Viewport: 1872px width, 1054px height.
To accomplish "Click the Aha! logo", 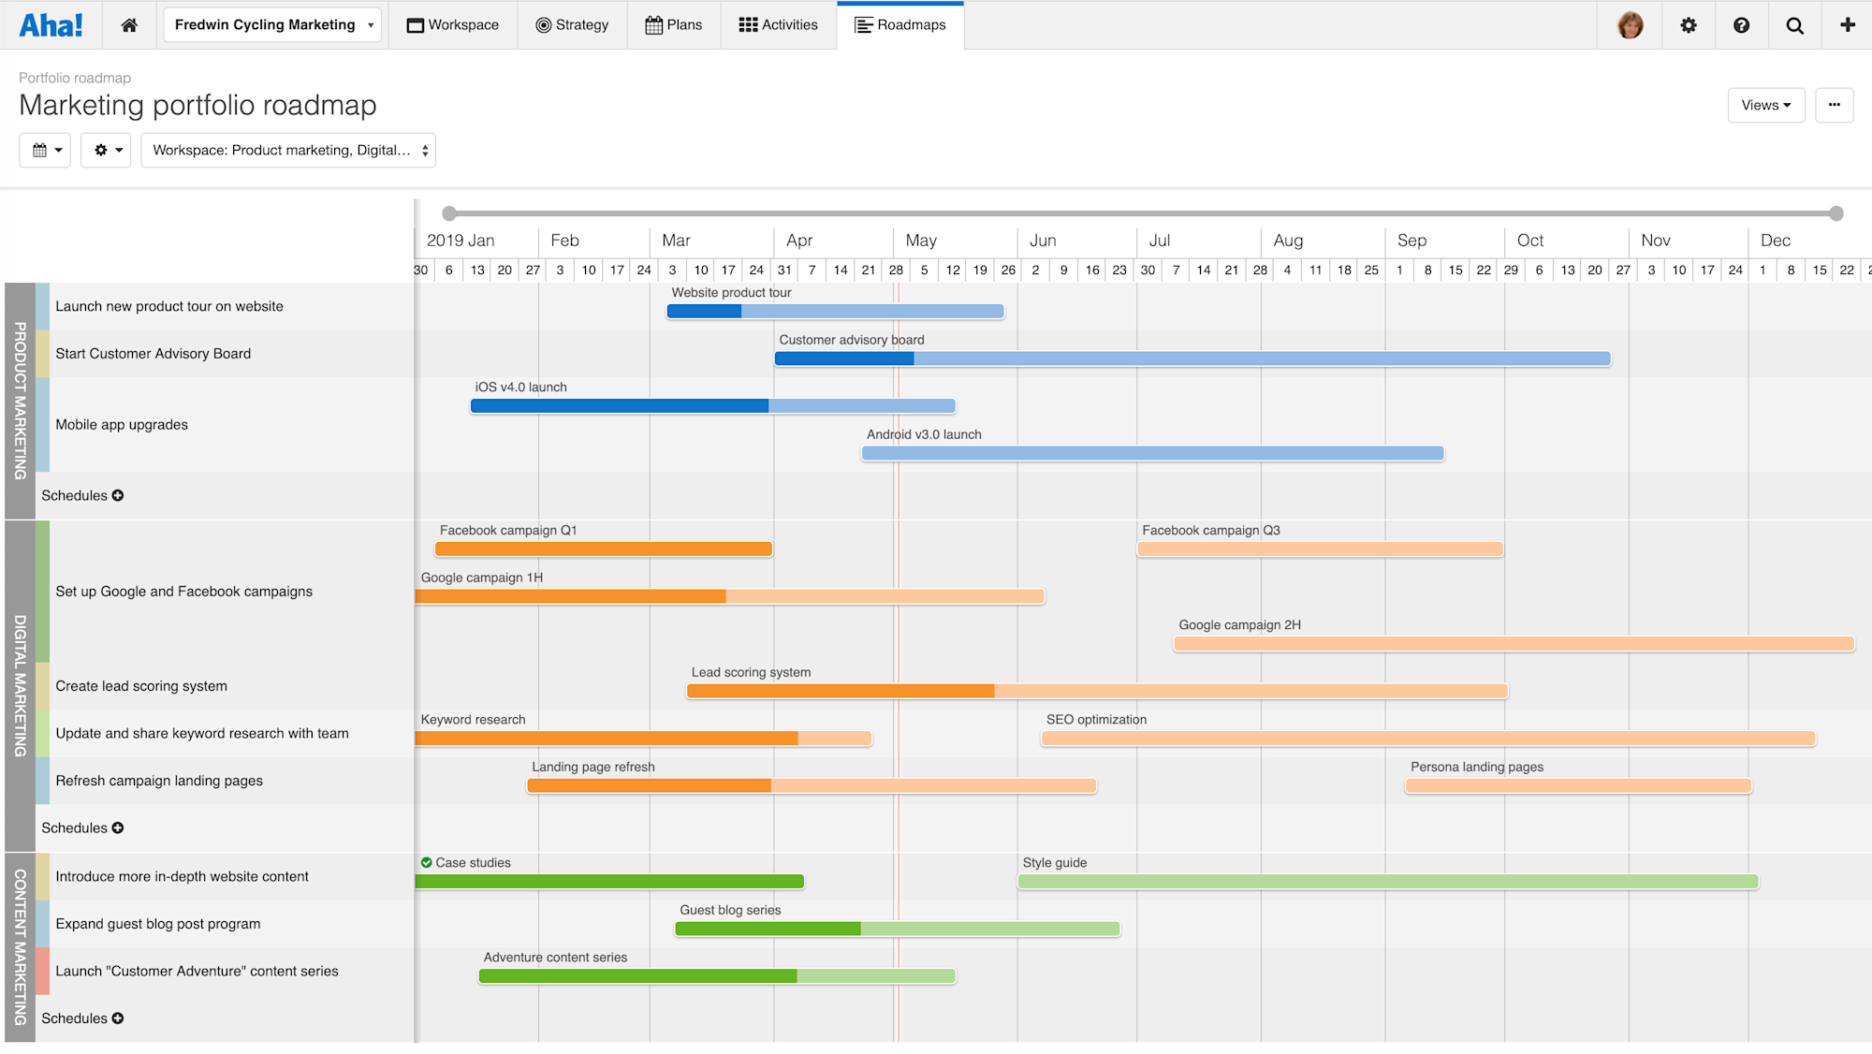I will tap(51, 25).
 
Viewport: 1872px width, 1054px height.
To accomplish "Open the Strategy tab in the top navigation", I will tap(572, 25).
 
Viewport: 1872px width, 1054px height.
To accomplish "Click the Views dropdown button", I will tap(1765, 105).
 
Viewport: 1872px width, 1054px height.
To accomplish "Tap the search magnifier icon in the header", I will tap(1794, 25).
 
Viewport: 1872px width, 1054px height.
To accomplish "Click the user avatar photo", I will tap(1630, 25).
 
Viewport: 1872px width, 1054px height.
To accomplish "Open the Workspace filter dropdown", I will tap(288, 150).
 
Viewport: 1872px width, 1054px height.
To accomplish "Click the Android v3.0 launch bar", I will tap(1152, 454).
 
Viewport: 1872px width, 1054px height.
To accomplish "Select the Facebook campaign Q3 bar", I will tap(1320, 549).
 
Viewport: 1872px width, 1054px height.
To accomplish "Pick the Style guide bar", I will tap(1387, 882).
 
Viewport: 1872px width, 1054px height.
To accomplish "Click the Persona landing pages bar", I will tap(1578, 786).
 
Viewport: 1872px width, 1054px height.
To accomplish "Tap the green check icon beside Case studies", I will tap(427, 863).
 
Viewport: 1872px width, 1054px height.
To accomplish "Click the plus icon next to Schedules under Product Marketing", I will tap(118, 495).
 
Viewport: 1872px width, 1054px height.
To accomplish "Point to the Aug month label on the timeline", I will tap(1288, 241).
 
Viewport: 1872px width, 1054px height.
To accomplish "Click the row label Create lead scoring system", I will tap(141, 686).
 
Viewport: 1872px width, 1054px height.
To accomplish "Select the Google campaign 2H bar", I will tap(1514, 644).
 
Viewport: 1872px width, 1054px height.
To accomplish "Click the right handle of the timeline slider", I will tap(1836, 213).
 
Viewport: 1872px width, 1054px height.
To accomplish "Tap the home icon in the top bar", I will tap(129, 25).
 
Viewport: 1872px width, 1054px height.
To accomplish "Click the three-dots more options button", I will tap(1834, 105).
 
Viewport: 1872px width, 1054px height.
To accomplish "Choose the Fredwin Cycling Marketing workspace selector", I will tap(272, 25).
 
